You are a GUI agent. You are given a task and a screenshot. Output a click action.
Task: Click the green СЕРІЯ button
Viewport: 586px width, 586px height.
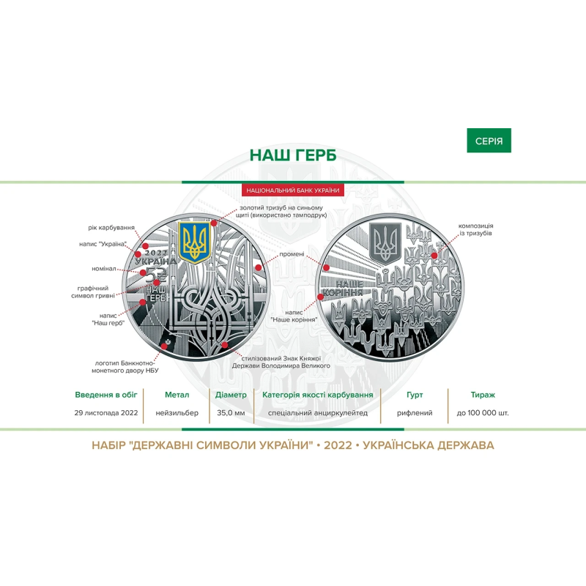(x=489, y=141)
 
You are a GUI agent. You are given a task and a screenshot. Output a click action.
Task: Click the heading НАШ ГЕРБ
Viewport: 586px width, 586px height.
(x=293, y=155)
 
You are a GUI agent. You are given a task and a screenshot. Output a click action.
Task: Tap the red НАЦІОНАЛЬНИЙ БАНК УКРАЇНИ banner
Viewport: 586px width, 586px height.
(x=292, y=190)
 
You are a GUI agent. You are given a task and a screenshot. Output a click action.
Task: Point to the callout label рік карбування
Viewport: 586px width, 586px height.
(x=111, y=227)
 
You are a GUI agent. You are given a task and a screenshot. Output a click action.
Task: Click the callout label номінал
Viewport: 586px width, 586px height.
(x=104, y=269)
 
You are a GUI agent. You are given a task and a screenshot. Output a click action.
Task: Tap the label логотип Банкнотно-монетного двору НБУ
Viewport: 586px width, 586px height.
(x=125, y=367)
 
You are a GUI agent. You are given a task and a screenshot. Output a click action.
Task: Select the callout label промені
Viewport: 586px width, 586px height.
(x=292, y=254)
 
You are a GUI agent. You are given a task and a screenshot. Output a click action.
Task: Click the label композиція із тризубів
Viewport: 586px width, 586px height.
(x=475, y=229)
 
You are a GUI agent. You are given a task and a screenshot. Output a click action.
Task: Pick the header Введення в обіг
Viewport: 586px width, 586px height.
(x=106, y=395)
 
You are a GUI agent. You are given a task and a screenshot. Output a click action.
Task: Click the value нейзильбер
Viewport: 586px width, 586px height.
(x=177, y=413)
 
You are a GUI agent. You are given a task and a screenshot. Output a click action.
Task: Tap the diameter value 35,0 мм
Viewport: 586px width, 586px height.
(x=231, y=413)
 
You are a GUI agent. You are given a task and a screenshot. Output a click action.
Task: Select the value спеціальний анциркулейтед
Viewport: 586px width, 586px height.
(x=318, y=413)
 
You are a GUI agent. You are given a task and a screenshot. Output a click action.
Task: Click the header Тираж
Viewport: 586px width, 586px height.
(x=483, y=395)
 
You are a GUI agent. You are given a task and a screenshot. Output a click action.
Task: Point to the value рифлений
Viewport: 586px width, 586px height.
(x=415, y=413)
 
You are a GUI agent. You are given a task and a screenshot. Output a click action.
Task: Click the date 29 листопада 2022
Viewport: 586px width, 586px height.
(x=106, y=413)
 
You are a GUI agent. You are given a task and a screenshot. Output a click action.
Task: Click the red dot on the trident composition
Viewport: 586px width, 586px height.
(x=434, y=256)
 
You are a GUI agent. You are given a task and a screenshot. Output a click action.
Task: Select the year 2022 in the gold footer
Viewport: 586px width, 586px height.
(x=338, y=445)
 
